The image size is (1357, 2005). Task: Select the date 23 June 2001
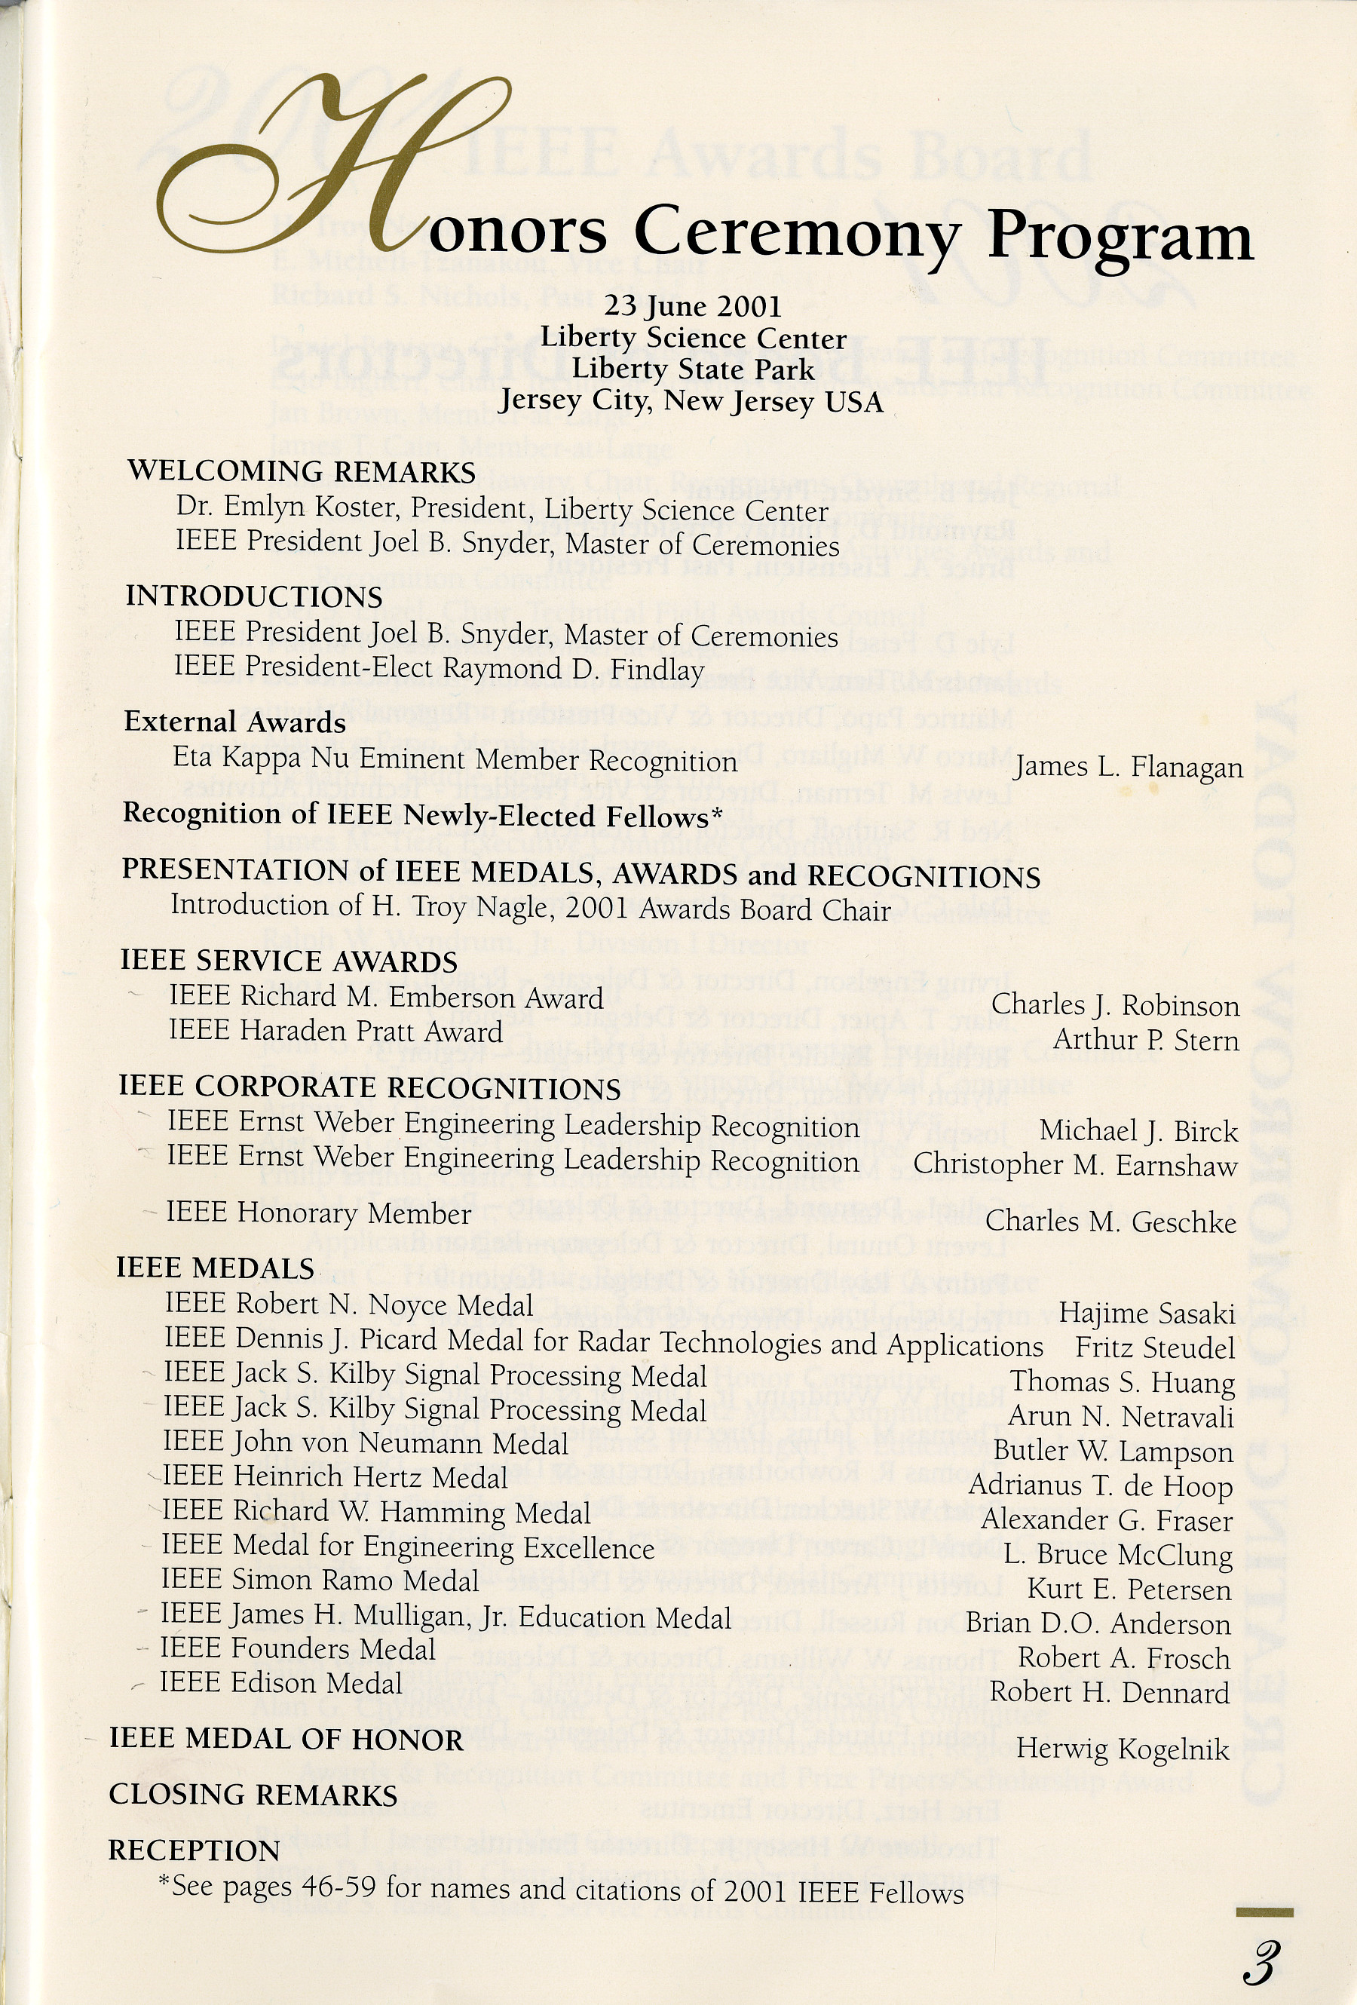pos(693,306)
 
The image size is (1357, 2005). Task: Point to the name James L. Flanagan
pos(1129,767)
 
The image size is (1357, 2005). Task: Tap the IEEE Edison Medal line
pos(281,1683)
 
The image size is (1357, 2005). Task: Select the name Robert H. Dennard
pos(1110,1693)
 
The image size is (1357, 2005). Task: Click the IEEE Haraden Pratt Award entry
pos(335,1031)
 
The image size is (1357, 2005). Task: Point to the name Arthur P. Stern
pos(1146,1041)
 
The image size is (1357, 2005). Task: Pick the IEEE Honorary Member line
pos(318,1213)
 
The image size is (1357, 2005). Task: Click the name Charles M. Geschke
pos(1110,1222)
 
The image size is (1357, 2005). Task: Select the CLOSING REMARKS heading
pos(253,1795)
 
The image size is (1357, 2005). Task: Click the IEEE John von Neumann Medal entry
pos(366,1443)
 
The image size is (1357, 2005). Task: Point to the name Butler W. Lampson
pos(1113,1452)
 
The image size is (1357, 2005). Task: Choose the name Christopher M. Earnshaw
pos(1075,1166)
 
